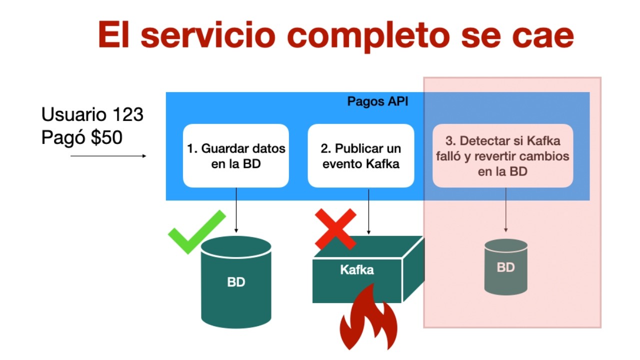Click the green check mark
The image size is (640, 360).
pyautogui.click(x=196, y=232)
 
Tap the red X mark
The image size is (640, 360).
pyautogui.click(x=335, y=229)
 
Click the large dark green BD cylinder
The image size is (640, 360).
pyautogui.click(x=236, y=282)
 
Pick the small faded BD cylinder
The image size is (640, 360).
pyautogui.click(x=506, y=267)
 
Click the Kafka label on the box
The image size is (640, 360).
pyautogui.click(x=357, y=270)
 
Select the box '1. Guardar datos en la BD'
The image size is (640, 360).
pyautogui.click(x=236, y=156)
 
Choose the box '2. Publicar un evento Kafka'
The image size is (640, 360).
pyautogui.click(x=361, y=156)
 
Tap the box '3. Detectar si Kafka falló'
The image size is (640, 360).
pyautogui.click(x=502, y=156)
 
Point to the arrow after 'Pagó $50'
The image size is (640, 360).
pyautogui.click(x=108, y=156)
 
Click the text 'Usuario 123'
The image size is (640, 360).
pyautogui.click(x=92, y=115)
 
